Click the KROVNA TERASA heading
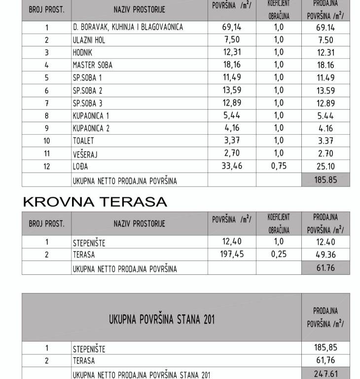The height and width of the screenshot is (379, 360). tap(95, 202)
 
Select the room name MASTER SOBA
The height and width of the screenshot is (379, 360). tap(92, 65)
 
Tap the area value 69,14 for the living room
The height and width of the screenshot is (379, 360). tap(232, 27)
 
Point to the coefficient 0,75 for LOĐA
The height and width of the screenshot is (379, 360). tap(279, 166)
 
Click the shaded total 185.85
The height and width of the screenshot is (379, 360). tap(325, 180)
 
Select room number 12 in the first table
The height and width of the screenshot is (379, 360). tap(47, 166)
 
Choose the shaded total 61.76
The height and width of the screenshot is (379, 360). tap(325, 268)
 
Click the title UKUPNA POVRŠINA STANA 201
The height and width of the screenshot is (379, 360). tap(162, 319)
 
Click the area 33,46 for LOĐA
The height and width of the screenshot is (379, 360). tap(232, 166)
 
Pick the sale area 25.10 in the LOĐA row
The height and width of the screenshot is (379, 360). tap(325, 167)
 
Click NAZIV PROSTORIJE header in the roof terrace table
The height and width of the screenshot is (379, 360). tap(140, 224)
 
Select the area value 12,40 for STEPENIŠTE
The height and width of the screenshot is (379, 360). tap(232, 242)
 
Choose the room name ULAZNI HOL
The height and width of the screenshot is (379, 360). tap(89, 40)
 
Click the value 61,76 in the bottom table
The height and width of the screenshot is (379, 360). tap(325, 361)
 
